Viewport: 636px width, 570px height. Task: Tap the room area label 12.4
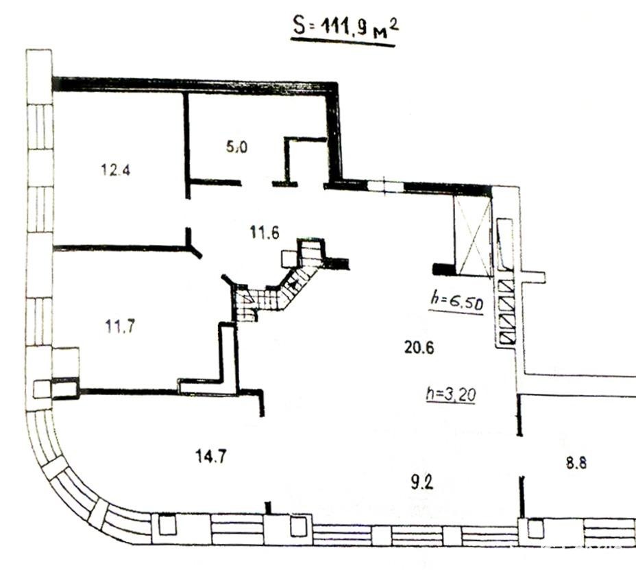[116, 169]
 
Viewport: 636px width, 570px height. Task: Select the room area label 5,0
[236, 147]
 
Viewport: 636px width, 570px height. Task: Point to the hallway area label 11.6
[265, 233]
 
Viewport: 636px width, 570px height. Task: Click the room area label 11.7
[120, 326]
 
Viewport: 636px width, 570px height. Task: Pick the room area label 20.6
[419, 348]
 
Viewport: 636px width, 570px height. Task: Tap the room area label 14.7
[211, 457]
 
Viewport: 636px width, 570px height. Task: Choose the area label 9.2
[422, 483]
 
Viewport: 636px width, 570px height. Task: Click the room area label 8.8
[576, 463]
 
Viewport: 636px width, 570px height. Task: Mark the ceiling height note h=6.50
[457, 301]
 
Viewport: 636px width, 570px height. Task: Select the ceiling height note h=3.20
[451, 394]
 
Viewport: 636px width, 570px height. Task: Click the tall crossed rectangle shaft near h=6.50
[473, 236]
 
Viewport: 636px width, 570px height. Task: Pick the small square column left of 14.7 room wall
[42, 389]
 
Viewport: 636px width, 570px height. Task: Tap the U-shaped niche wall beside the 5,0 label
[301, 160]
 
